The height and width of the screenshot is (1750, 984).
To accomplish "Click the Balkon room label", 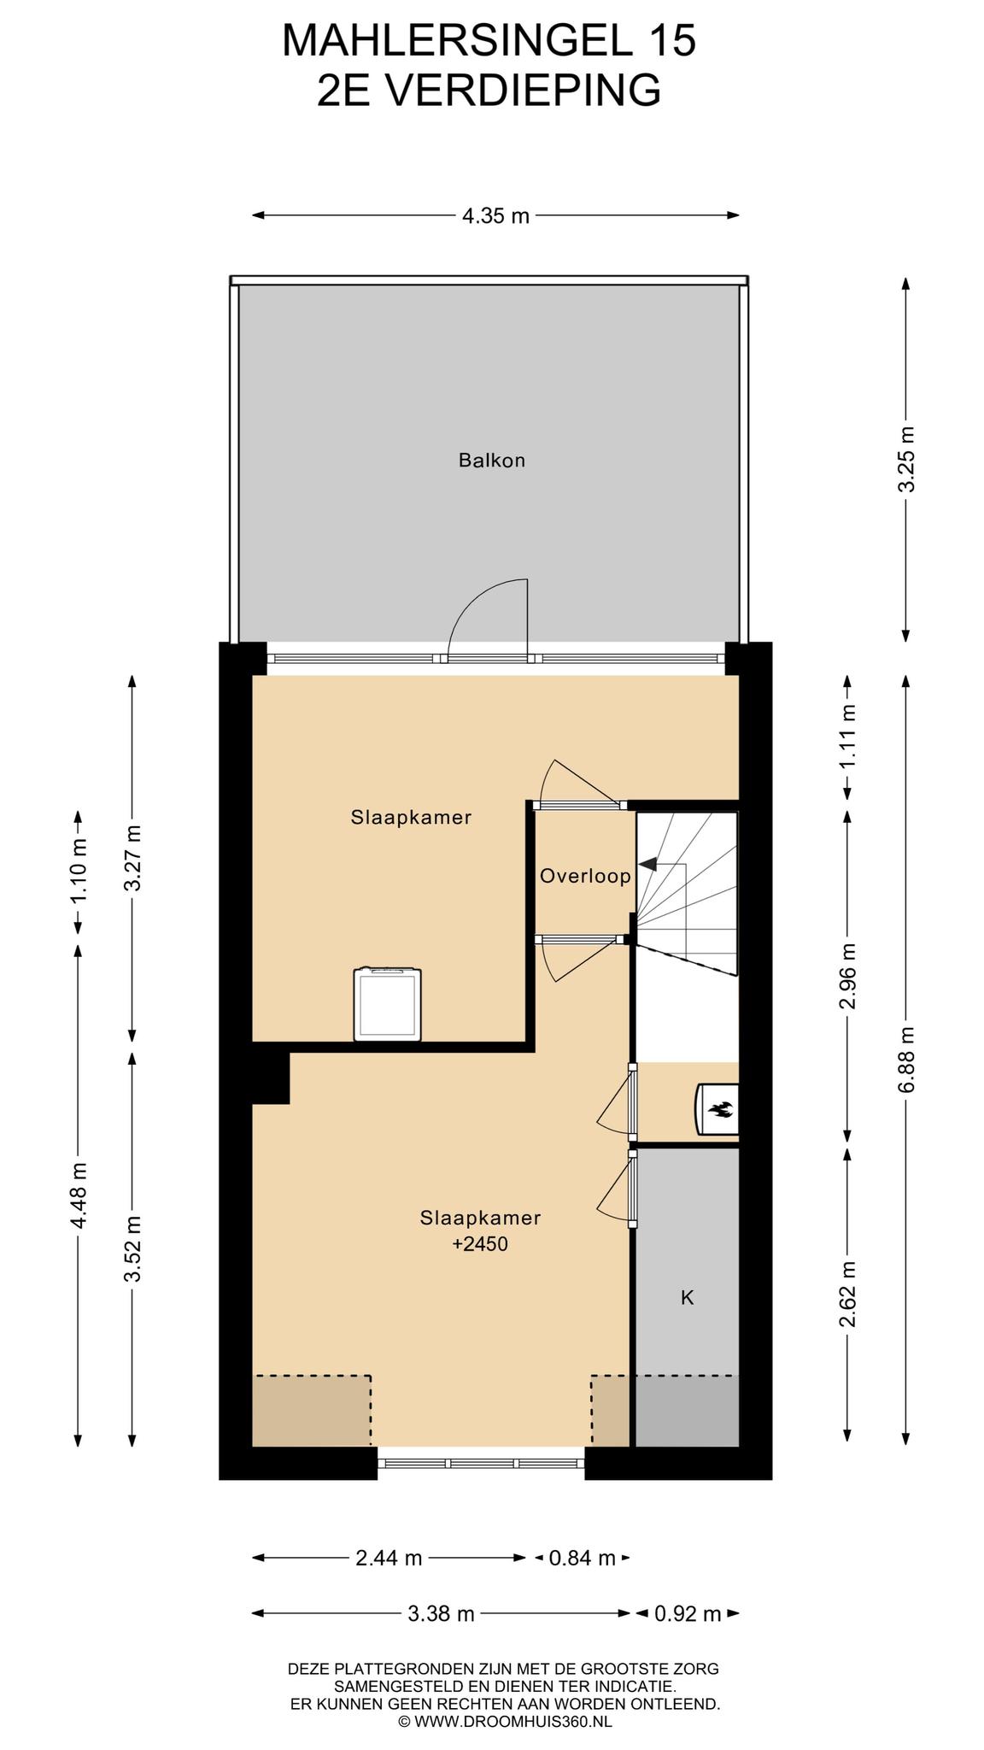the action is coord(491,461).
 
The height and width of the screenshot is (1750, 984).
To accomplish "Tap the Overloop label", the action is coord(585,876).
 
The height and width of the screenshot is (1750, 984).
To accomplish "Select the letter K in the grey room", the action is coord(687,1298).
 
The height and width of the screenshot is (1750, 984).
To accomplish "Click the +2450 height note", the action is coord(480,1244).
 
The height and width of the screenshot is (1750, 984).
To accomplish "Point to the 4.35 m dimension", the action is coord(495,215).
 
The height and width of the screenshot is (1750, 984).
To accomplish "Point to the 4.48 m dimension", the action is coord(78,1195).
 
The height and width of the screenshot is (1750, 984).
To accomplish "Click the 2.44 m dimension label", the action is coord(389,1558).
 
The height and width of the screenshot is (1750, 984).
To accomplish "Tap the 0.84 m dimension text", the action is coord(583,1558).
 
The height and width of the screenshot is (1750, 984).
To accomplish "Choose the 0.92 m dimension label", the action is coord(688,1614).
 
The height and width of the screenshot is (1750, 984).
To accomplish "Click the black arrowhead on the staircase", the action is coord(647,864).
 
